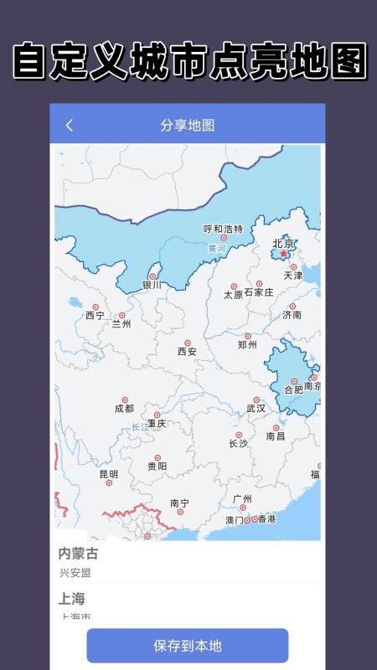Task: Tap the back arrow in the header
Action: pos(70,126)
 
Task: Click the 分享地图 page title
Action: pos(188,126)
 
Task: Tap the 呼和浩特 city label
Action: pos(224,229)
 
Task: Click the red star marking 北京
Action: pos(283,254)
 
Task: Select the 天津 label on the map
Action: pos(293,275)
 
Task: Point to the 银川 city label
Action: pos(152,285)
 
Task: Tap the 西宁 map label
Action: pos(95,316)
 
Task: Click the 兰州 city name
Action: pos(121,324)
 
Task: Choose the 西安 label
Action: pos(187,352)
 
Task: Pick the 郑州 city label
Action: pos(247,344)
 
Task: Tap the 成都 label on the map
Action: pos(124,409)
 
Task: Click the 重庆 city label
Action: pos(157,424)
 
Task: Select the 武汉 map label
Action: pos(256,409)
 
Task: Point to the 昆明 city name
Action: pos(109,474)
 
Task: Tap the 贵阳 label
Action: pos(157,466)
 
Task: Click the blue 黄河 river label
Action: pos(217,248)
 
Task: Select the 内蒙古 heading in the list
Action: pos(78,554)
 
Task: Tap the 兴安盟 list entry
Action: pos(75,573)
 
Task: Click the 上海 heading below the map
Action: pos(71,600)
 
